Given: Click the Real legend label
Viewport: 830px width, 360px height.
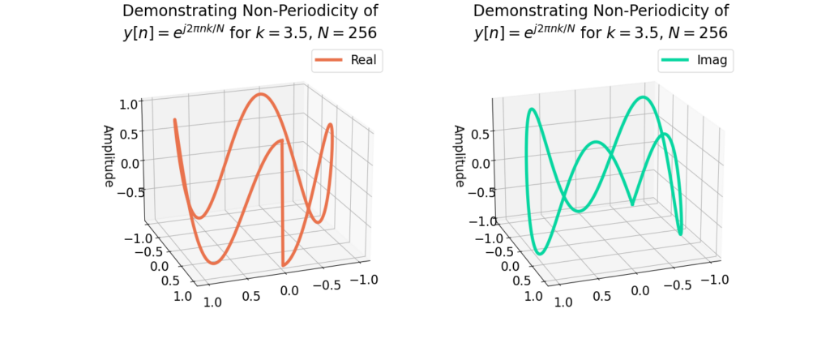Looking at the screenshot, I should point(362,60).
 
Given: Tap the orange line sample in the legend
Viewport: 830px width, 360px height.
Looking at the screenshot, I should point(330,60).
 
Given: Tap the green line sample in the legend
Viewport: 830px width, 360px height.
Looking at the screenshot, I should point(677,60).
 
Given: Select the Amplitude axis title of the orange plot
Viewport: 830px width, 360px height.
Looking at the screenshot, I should point(108,156).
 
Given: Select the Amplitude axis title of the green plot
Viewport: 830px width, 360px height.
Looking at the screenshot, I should point(459,156).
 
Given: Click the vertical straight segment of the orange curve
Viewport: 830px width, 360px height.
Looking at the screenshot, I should point(282,203).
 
